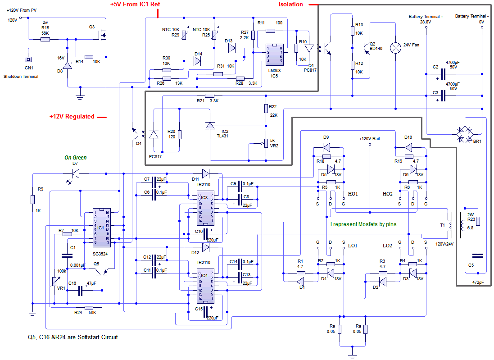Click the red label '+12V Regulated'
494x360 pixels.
tap(72, 117)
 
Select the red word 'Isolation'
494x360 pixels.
tap(291, 5)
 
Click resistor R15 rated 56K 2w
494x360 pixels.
tap(45, 39)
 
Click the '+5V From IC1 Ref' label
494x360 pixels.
tap(135, 5)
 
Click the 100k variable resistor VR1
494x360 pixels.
tap(54, 281)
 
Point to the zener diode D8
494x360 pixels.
tap(67, 66)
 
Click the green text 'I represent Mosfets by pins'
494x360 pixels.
tap(363, 224)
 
